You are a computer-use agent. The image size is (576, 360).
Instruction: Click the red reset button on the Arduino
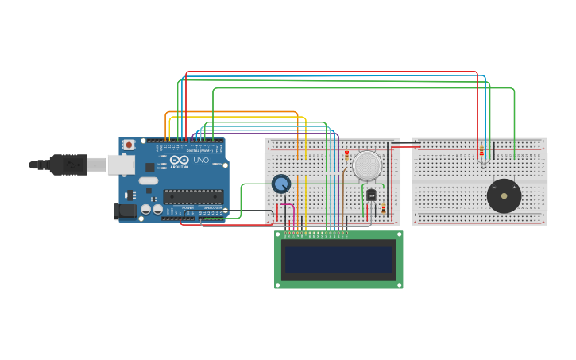coord(129,145)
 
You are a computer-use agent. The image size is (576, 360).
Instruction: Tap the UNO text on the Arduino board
coord(200,161)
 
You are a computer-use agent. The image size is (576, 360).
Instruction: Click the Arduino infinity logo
coord(180,160)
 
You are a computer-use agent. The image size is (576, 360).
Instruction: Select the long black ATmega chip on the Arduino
coord(193,196)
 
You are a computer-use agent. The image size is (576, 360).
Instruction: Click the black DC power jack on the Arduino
coord(125,211)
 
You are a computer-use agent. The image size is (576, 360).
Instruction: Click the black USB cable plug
coord(68,165)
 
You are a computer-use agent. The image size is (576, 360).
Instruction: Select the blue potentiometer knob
coord(280,184)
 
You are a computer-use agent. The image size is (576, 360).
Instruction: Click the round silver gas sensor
coord(367,165)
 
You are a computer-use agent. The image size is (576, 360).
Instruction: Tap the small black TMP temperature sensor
coord(371,195)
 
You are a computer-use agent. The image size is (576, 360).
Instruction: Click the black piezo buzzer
coord(504,195)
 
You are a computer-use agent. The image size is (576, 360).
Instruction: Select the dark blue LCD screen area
coord(338,259)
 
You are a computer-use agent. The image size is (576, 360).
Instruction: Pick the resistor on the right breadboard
coord(481,151)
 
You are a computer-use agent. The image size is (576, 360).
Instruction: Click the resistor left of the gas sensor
coord(346,155)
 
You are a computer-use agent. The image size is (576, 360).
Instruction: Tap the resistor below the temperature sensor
coord(384,208)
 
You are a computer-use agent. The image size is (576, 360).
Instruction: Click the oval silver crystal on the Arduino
coord(149,180)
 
